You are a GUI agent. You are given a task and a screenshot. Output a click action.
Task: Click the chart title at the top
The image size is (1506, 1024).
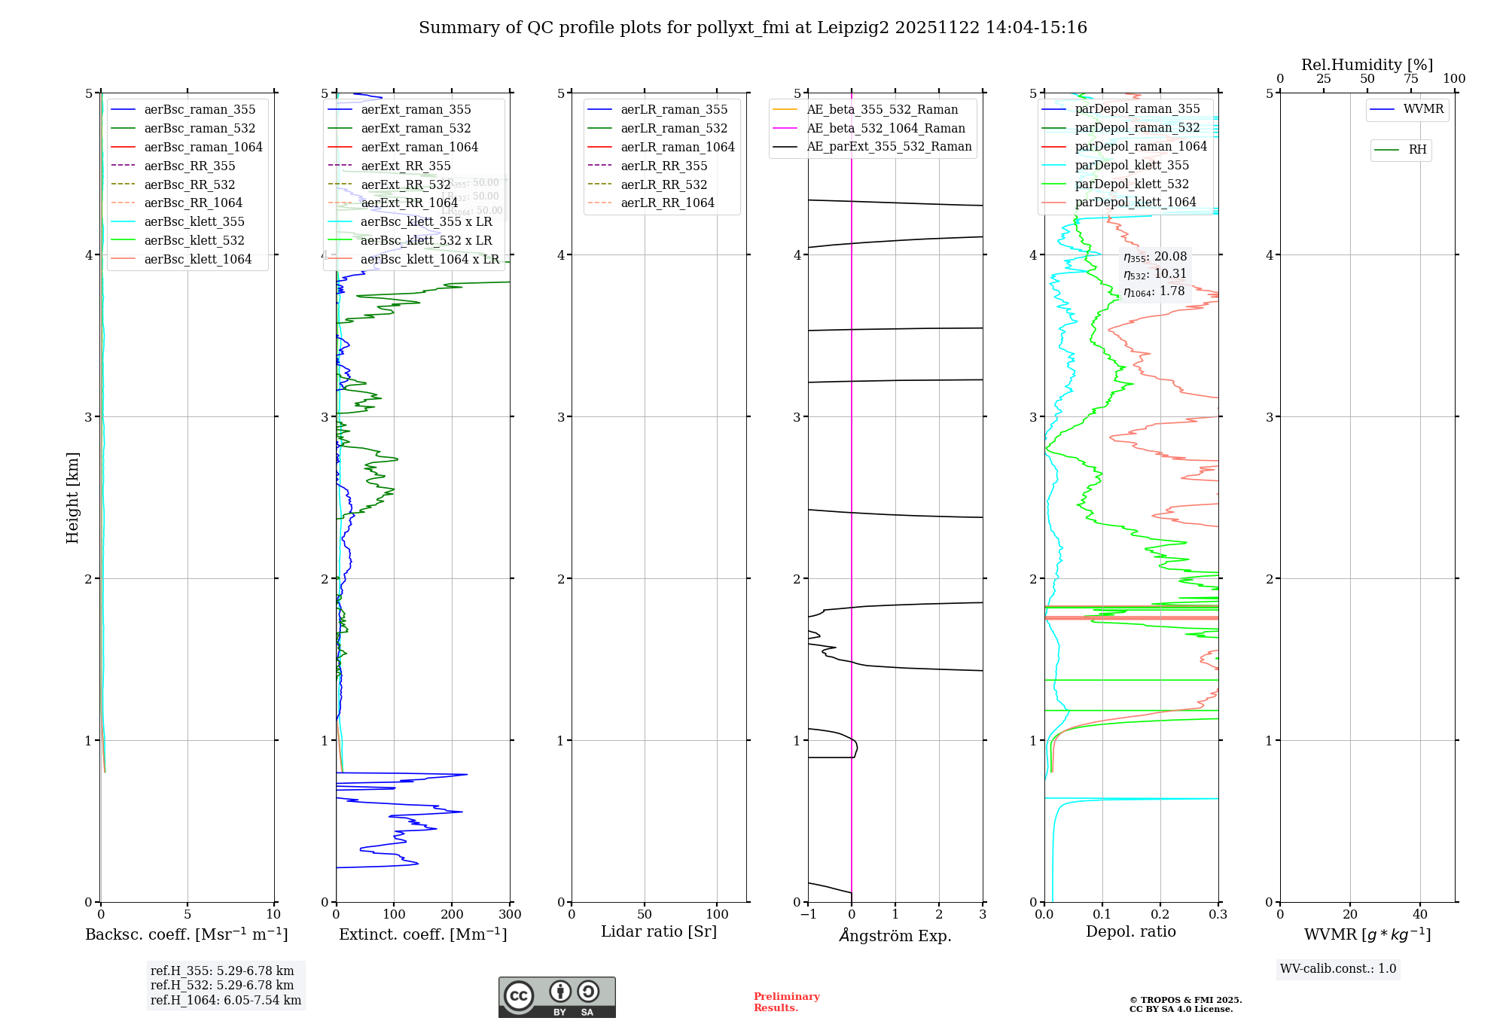753,28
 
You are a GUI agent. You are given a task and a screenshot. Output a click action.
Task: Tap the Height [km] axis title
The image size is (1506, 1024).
72,498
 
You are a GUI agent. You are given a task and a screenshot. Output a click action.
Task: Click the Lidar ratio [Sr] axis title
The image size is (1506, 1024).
659,931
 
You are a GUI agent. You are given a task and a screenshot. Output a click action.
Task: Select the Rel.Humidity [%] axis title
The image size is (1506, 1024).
1367,65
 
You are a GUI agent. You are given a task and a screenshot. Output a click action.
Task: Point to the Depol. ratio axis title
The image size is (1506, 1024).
1130,931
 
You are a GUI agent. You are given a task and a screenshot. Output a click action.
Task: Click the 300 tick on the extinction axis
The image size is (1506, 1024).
510,915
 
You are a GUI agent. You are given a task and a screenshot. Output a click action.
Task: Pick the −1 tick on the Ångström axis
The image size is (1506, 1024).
808,915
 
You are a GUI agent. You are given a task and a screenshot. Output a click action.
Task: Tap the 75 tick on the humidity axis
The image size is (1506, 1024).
1410,79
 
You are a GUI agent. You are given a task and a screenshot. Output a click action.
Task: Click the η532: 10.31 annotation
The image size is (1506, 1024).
1154,274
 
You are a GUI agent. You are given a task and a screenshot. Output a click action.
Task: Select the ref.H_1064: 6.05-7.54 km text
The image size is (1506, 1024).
226,1000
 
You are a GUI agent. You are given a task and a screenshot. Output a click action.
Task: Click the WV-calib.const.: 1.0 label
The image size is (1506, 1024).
1338,968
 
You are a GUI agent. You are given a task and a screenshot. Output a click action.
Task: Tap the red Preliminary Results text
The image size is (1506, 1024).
786,1002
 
